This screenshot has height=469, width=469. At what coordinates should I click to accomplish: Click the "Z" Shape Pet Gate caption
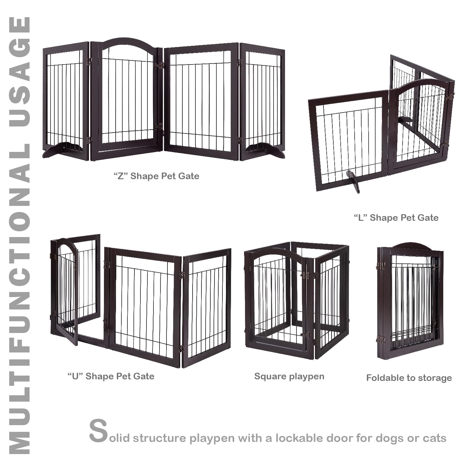point(156,176)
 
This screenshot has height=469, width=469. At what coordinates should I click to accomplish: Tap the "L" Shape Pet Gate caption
point(396,218)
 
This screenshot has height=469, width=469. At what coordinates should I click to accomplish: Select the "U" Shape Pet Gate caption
point(111,376)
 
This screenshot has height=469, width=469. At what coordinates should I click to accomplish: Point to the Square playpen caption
point(289,377)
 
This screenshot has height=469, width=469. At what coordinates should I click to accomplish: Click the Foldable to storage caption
point(409,378)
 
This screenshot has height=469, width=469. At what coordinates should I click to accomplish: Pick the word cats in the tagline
point(434,438)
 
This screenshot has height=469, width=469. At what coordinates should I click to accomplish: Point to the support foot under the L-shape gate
point(354,181)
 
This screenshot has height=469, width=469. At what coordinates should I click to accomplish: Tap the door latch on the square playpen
point(306,335)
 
